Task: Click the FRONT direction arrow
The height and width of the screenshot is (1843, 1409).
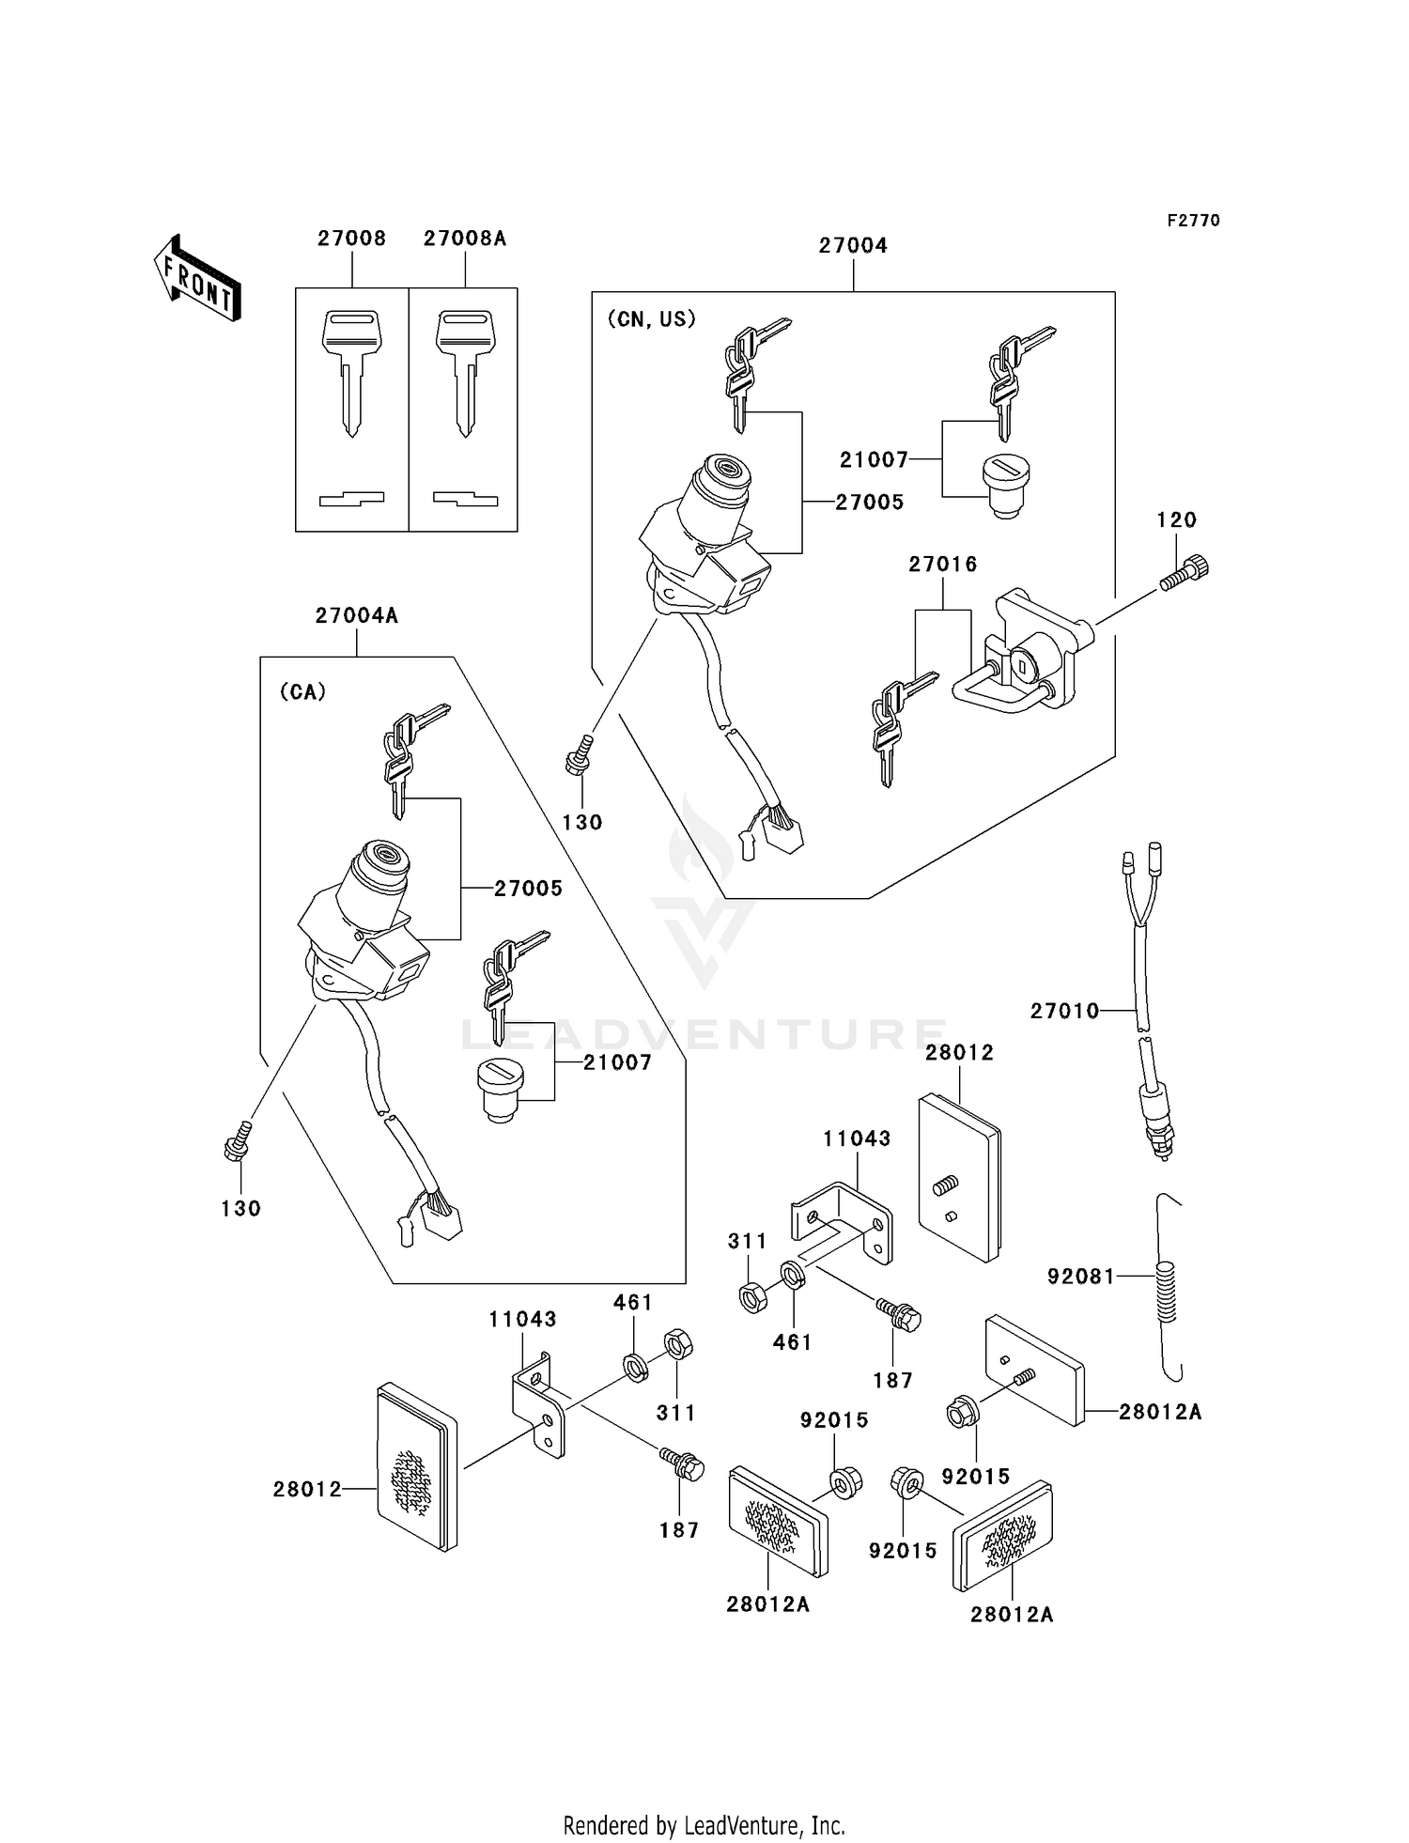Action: pyautogui.click(x=198, y=279)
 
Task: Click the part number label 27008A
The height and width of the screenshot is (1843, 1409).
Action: pyautogui.click(x=464, y=239)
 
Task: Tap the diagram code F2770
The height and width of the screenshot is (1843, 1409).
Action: pyautogui.click(x=1193, y=220)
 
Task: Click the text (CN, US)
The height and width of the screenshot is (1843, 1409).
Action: pyautogui.click(x=652, y=319)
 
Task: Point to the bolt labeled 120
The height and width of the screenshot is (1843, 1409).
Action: pyautogui.click(x=1185, y=573)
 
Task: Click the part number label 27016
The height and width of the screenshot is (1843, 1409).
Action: pyautogui.click(x=942, y=565)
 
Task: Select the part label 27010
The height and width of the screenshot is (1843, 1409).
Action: pyautogui.click(x=1063, y=1011)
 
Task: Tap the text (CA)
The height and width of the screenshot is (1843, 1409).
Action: pyautogui.click(x=302, y=692)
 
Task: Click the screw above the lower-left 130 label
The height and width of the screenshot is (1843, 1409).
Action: pyautogui.click(x=237, y=1140)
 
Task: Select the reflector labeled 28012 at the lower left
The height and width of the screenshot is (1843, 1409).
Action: pyautogui.click(x=416, y=1468)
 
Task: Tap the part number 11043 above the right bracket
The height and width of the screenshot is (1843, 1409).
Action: pyautogui.click(x=857, y=1138)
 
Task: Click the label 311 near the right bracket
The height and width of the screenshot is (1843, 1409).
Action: pyautogui.click(x=748, y=1242)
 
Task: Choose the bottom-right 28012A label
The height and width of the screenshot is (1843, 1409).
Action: pyautogui.click(x=1012, y=1615)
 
